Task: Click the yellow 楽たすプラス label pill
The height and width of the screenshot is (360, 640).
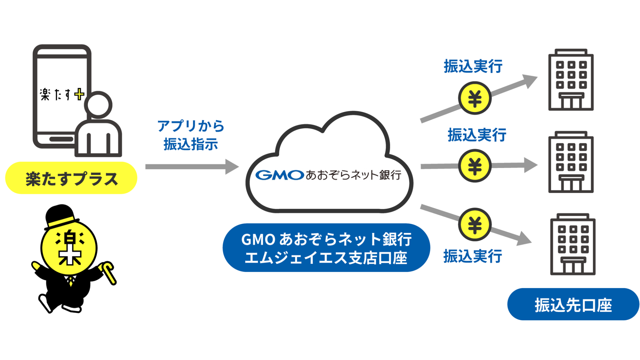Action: point(71,178)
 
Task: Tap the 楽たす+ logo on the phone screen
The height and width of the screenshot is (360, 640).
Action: point(62,94)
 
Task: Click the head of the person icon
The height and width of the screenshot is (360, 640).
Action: point(98,105)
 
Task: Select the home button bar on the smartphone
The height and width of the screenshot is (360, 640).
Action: point(61,139)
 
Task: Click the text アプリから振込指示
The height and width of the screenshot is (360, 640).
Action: point(191,135)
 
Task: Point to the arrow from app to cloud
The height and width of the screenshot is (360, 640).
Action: point(192,166)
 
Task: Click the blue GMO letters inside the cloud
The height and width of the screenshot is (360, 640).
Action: point(279,175)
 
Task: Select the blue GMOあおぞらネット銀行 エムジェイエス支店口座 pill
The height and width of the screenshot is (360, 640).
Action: point(326,248)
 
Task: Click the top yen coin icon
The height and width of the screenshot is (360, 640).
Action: point(475,99)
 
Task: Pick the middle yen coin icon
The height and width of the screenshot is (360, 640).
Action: point(475,166)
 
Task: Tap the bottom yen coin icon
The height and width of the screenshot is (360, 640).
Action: point(475,225)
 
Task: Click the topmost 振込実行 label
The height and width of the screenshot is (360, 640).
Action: point(473,66)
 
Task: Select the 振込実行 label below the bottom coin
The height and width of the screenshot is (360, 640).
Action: point(472,256)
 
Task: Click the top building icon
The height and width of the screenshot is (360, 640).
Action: point(571,80)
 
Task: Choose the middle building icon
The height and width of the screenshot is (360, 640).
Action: point(571,162)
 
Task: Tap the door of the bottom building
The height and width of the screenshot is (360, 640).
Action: point(573,266)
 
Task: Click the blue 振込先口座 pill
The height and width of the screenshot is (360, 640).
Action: point(573,305)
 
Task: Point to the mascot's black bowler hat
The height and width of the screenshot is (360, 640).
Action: point(60,215)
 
